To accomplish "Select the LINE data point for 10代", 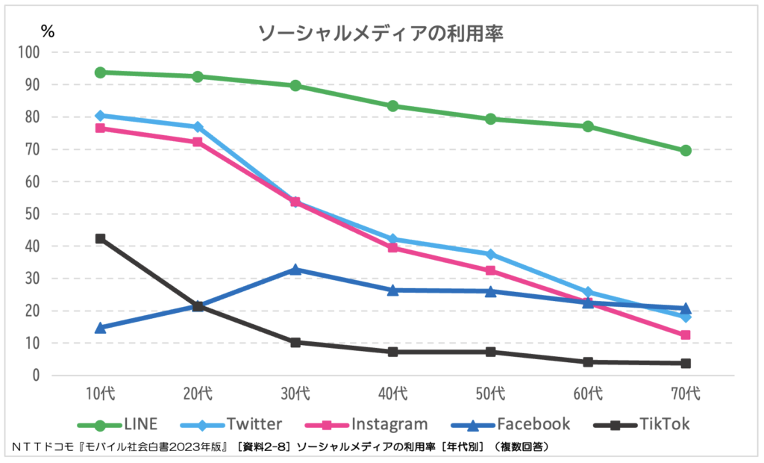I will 100,72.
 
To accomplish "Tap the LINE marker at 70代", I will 686,151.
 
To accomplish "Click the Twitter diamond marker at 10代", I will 100,116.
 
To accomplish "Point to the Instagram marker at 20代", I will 198,142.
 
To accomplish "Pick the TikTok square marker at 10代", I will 100,239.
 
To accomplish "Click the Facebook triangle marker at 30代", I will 295,270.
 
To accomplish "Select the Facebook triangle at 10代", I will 100,327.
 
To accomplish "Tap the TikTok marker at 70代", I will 686,364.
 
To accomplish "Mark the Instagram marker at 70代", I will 686,335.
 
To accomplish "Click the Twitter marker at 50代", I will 490,255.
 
